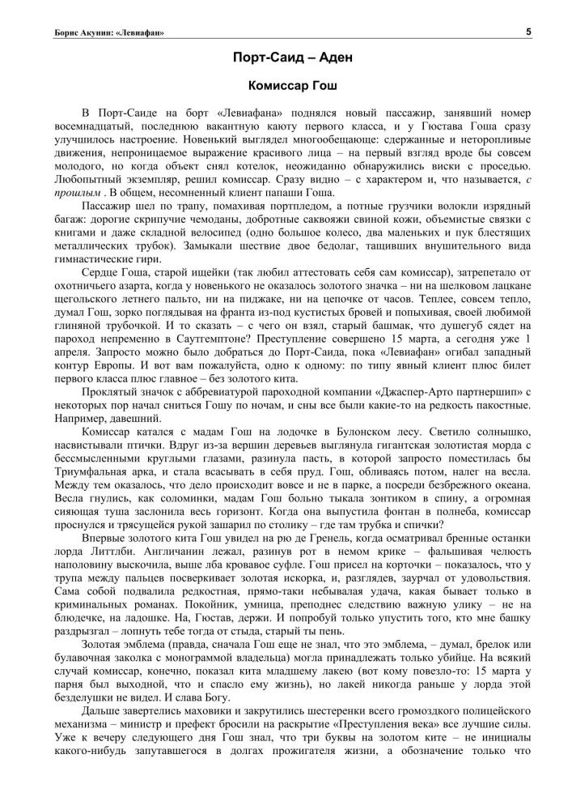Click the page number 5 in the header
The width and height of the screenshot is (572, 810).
pyautogui.click(x=528, y=32)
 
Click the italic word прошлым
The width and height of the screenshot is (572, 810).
pyautogui.click(x=74, y=193)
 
